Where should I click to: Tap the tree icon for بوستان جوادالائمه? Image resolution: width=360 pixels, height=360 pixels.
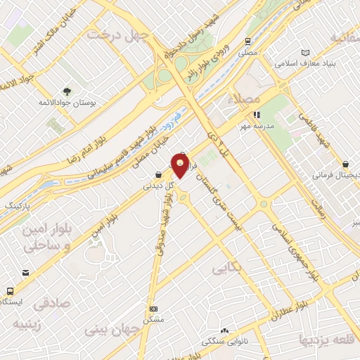[67, 91]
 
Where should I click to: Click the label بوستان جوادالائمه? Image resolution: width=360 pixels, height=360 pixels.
[67, 103]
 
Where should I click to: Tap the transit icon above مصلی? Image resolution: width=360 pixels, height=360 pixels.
[247, 41]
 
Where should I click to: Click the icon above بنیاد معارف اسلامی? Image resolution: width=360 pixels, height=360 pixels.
[304, 53]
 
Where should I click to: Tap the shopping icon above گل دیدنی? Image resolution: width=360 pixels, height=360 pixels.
[159, 175]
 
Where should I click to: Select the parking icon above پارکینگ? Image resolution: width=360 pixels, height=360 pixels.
[25, 194]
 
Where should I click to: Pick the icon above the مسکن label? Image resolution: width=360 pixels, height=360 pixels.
[153, 308]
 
